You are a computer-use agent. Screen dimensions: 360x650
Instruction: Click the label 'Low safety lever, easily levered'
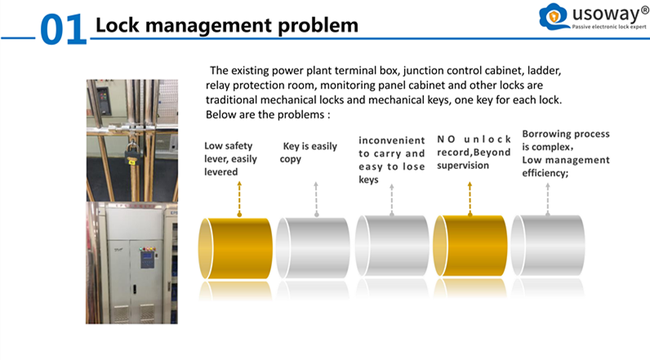coord(230,159)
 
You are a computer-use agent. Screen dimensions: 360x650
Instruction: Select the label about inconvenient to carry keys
coord(392,160)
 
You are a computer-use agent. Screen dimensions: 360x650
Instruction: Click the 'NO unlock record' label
coord(474,152)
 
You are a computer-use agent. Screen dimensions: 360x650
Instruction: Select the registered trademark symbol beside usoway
coord(645,10)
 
